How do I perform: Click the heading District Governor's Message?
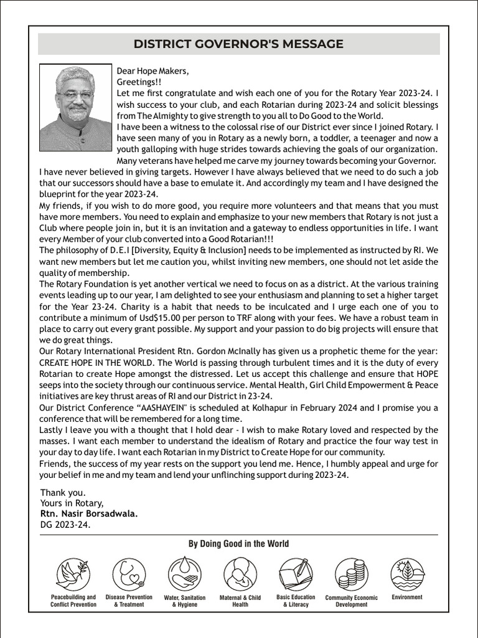238,44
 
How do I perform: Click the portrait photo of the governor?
75,107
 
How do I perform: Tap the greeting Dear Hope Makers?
152,70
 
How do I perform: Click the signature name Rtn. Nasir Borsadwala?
89,514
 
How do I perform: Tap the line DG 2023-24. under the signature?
65,525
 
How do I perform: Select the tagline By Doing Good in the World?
238,544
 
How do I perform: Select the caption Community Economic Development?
351,601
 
